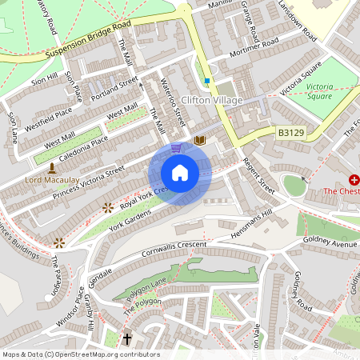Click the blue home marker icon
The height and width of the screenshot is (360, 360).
point(180,173)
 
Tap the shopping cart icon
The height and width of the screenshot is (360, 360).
point(176,148)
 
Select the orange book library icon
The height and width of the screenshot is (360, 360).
point(200,141)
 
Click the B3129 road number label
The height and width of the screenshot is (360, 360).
point(292,131)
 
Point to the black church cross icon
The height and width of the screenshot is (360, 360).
point(126,339)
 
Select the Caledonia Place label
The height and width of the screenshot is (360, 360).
point(77,146)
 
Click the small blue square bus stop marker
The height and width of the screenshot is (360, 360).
point(206,81)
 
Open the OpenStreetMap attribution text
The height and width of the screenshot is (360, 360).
point(81,354)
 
